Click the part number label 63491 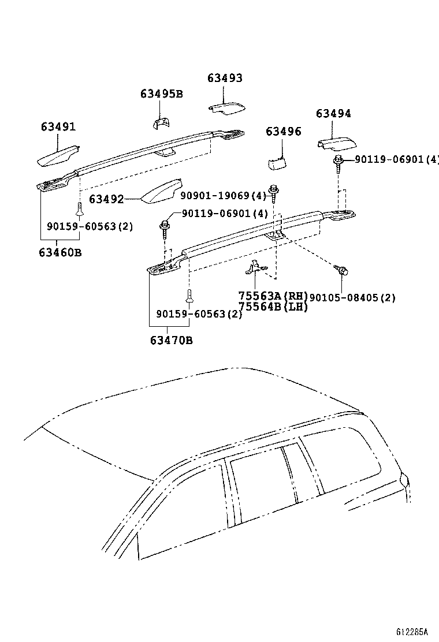click(x=58, y=127)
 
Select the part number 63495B click(x=161, y=94)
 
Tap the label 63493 click(x=225, y=78)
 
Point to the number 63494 click(x=333, y=114)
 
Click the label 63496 click(x=283, y=132)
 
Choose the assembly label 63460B click(x=60, y=252)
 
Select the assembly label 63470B click(x=172, y=340)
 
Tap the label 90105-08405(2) click(x=352, y=298)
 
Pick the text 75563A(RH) click(x=273, y=296)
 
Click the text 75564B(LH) click(x=273, y=307)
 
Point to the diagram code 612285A click(x=416, y=631)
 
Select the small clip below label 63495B click(x=161, y=122)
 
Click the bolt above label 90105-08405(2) click(x=340, y=269)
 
